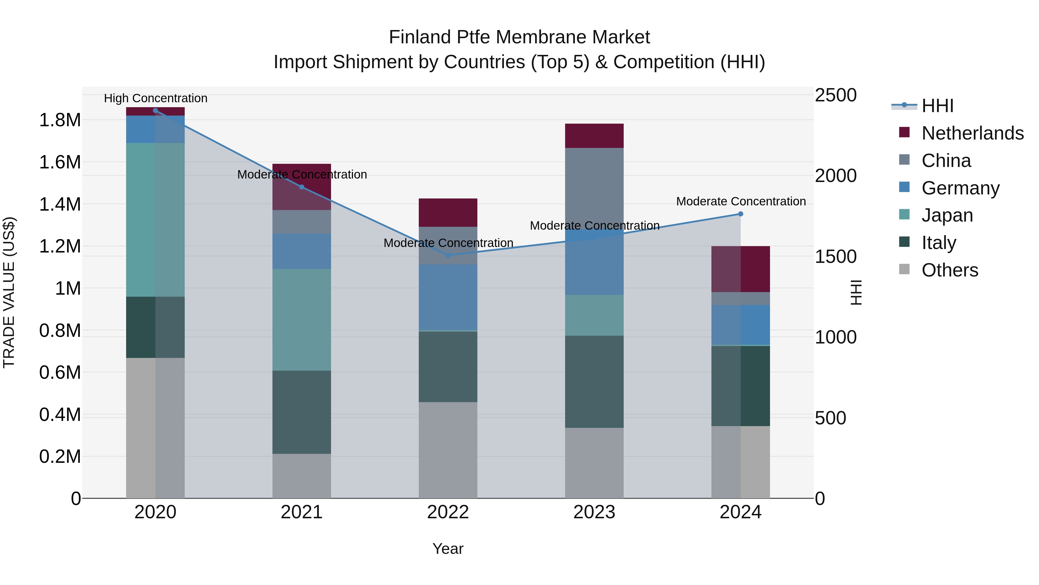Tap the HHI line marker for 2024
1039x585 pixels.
[741, 214]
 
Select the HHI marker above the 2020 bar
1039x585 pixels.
[155, 111]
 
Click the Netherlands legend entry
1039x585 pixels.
[972, 133]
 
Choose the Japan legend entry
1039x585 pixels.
[947, 215]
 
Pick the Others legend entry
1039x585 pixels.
[950, 270]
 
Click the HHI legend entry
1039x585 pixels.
[937, 106]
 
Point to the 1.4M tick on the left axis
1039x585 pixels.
[60, 204]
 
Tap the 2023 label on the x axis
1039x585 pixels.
[594, 512]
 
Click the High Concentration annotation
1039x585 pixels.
[156, 99]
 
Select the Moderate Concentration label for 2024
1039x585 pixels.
[741, 201]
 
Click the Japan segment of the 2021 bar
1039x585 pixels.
[302, 320]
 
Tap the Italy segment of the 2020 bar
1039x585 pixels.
[155, 327]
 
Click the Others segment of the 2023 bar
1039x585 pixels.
[594, 463]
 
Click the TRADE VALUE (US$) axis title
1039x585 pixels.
[9, 292]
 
